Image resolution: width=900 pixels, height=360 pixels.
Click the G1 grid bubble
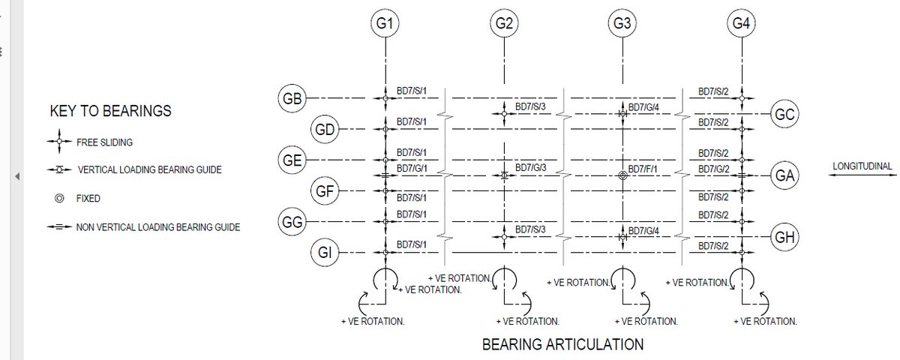coord(385,23)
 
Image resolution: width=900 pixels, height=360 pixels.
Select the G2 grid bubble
coord(504,23)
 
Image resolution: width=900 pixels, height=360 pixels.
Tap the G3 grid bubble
coord(622,23)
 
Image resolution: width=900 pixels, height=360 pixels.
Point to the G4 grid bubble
coord(740,23)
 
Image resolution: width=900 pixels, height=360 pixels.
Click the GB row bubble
coord(291,98)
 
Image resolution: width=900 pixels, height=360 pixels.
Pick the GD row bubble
coord(325,130)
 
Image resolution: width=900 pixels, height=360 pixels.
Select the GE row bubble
coord(291,160)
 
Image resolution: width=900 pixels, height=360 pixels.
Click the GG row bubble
coord(291,223)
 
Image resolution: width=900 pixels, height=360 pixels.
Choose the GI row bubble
coord(325,253)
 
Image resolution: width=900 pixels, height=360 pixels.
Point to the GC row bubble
coord(784,115)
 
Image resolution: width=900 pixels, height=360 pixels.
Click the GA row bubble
coord(784,176)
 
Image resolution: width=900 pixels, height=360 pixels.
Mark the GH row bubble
coord(784,238)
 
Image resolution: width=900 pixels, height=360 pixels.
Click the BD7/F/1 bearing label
coord(643,169)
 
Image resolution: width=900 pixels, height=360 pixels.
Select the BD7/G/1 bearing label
coord(412,169)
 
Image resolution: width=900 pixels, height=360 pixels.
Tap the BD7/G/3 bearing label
coord(530,167)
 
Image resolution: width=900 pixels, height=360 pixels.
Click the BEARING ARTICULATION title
coord(562,345)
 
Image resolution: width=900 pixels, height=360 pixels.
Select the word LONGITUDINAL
coord(862,166)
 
